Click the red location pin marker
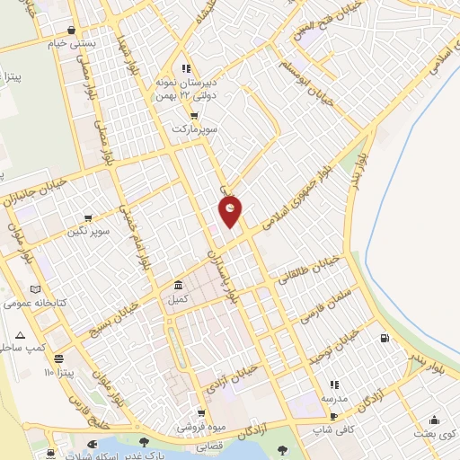231,210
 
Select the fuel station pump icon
385,338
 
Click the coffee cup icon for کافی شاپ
333,416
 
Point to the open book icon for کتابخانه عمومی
36,289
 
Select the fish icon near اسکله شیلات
91,444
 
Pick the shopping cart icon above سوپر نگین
88,217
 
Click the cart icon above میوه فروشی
203,412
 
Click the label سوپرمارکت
197,129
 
